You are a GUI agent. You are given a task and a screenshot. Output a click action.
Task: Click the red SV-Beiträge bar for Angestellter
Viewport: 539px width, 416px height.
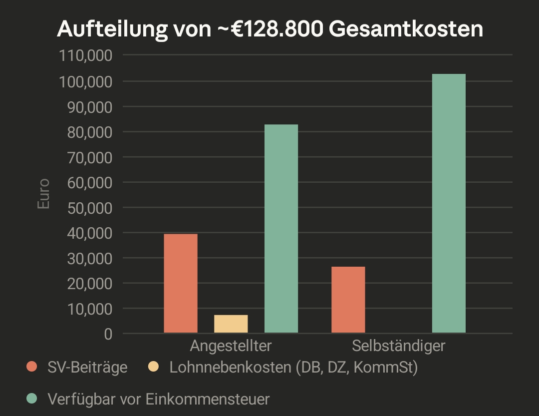(181, 283)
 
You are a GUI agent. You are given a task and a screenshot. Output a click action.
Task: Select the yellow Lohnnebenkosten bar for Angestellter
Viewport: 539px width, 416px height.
(231, 324)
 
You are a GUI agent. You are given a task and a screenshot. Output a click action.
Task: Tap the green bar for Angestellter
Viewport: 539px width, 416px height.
(281, 228)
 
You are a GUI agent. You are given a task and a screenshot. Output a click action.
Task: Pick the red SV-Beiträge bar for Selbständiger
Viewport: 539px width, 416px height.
(348, 300)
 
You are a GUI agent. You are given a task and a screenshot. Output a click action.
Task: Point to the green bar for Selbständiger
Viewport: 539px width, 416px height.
(449, 203)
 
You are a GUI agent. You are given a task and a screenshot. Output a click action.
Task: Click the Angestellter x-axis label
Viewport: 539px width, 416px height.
(231, 346)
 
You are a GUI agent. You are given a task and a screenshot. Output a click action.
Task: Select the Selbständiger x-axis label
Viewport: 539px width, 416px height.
(398, 346)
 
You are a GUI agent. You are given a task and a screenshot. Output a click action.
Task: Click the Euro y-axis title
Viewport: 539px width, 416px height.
(44, 194)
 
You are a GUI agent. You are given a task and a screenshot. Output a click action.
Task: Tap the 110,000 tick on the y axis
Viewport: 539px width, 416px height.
(86, 55)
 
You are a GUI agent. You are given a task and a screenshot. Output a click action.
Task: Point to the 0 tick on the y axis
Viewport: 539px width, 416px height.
(108, 334)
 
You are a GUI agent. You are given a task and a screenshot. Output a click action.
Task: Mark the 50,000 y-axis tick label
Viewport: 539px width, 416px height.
(89, 208)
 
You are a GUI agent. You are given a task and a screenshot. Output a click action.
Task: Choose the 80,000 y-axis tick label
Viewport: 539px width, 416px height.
(89, 132)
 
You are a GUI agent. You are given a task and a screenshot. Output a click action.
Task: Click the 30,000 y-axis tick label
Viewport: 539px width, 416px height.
(89, 258)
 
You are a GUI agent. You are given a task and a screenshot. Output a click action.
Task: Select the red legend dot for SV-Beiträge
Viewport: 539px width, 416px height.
(32, 367)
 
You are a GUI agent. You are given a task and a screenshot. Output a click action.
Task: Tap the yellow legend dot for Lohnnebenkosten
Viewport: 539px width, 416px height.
(154, 367)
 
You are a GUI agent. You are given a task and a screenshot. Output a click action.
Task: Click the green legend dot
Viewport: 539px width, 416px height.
(32, 399)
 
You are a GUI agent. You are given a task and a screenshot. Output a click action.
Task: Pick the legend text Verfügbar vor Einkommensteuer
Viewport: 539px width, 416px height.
(159, 399)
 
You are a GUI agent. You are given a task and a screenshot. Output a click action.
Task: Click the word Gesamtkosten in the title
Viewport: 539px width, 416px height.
(406, 29)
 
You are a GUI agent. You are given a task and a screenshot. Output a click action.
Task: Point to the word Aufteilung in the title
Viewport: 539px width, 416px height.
(112, 29)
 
